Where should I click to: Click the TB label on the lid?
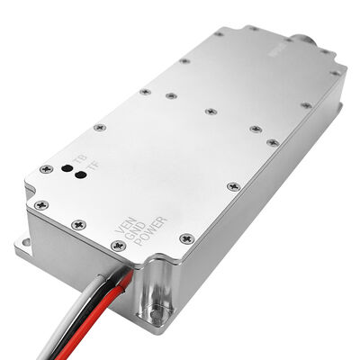[x=78, y=157]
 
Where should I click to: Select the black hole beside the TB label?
[x=66, y=167]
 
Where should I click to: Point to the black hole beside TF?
[x=80, y=176]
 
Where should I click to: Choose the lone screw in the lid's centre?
[x=210, y=112]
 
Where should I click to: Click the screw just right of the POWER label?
[x=186, y=238]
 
